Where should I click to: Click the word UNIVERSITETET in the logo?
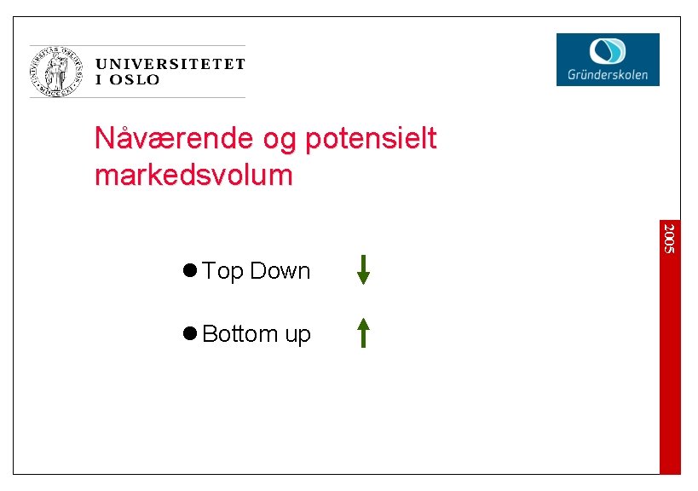(170, 64)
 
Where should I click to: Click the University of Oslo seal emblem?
(59, 71)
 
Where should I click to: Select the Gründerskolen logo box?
(608, 59)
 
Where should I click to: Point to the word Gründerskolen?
(608, 75)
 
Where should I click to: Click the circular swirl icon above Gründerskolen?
(608, 49)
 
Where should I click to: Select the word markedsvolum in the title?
(193, 176)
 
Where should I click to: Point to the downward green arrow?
(363, 269)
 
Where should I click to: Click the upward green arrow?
(363, 332)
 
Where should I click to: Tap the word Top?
(223, 272)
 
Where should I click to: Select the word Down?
(280, 271)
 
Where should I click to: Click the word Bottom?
(239, 334)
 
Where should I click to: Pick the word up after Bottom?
(297, 336)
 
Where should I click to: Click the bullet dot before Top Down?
(189, 270)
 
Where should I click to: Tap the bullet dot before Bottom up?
(189, 333)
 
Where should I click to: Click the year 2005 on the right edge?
(671, 237)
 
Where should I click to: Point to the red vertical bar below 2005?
(671, 367)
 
